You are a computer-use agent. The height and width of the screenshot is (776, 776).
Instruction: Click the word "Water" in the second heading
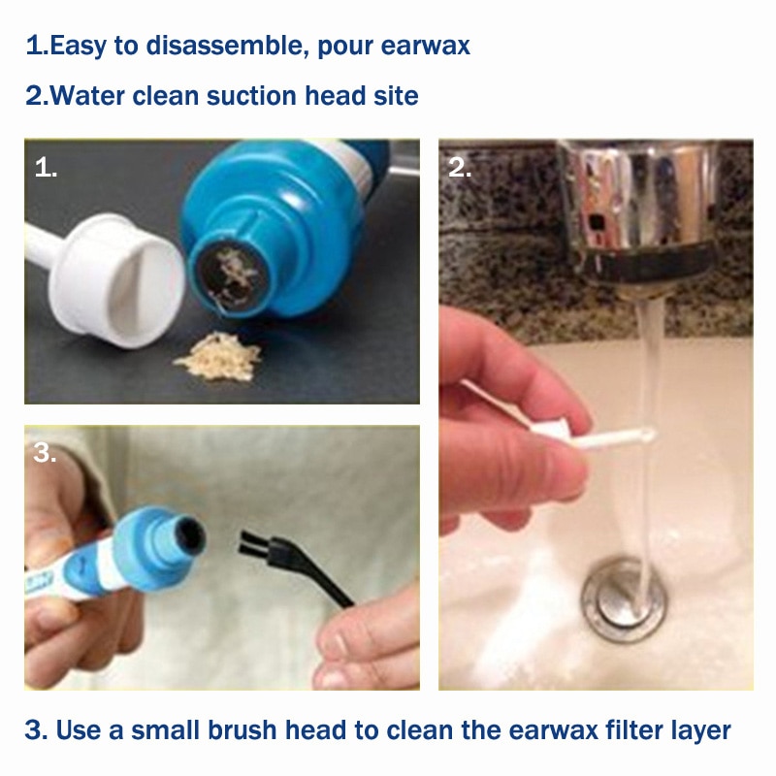(88, 96)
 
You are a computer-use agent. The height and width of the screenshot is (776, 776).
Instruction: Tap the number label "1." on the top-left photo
(46, 168)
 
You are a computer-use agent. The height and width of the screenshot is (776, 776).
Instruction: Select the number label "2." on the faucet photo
(460, 168)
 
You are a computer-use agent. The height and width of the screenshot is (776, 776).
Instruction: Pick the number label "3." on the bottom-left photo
(46, 453)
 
